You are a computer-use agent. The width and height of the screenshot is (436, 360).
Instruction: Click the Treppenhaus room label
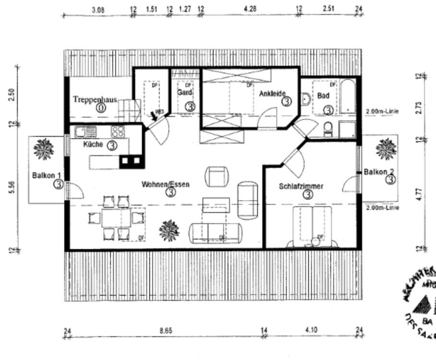coord(95,99)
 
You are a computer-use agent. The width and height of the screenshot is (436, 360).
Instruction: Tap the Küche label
coord(93,144)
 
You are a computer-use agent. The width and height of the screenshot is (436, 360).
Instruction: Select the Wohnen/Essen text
coord(165,184)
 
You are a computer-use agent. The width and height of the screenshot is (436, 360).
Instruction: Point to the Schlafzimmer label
coord(301,186)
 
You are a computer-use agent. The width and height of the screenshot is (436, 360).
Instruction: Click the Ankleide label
coord(272,94)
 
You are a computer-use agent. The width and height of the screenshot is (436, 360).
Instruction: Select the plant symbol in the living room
coord(169,230)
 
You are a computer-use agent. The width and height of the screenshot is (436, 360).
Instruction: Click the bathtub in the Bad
coord(348,97)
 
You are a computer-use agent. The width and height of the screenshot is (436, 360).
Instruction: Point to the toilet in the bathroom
coord(328,129)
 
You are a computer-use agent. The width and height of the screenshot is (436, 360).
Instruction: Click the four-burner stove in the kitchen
coord(118,131)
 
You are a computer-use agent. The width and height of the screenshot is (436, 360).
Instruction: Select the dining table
coord(116,218)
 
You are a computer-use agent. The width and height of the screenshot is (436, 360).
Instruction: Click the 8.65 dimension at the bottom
coord(166,330)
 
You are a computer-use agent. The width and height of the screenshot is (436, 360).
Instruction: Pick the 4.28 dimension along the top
coord(250,9)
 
